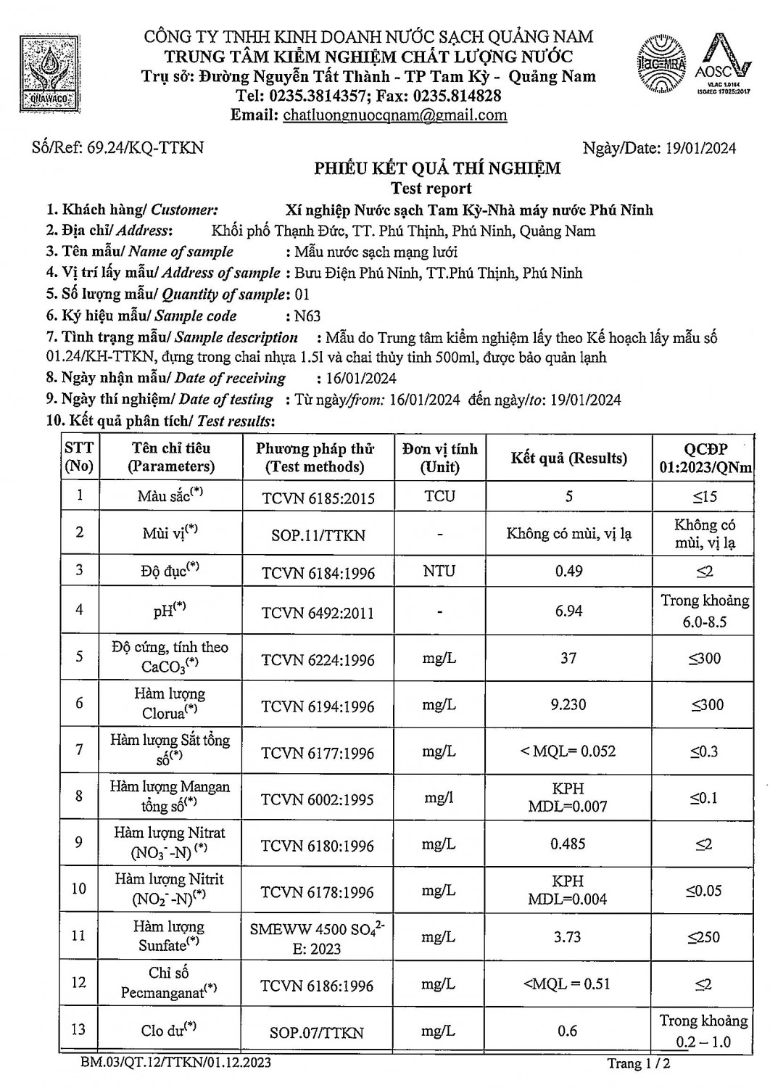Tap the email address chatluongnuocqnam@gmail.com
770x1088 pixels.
coord(394,115)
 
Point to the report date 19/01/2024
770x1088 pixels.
coord(700,149)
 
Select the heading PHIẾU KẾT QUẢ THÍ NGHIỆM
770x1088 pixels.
coord(437,169)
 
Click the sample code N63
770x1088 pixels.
coord(307,316)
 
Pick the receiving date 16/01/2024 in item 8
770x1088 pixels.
coord(357,379)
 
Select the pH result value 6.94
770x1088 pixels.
coord(568,611)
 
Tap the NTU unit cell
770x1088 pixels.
coord(439,571)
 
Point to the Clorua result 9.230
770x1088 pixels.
coord(568,704)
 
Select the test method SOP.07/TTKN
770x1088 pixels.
coord(317,1032)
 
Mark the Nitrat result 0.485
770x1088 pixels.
coord(568,844)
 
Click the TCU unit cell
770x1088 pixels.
coord(439,497)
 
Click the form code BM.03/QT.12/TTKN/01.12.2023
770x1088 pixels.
coord(176,1063)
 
